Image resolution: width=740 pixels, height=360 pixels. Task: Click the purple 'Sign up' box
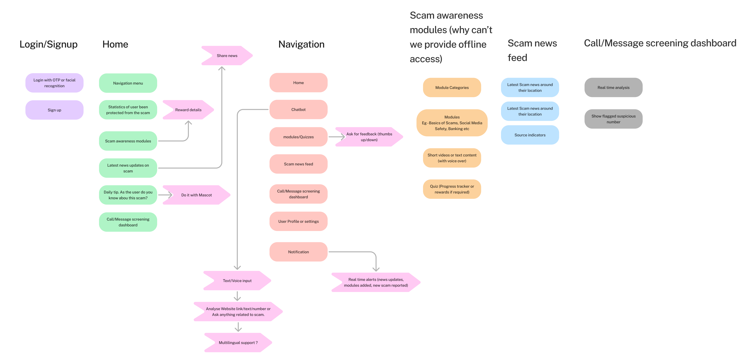tap(54, 110)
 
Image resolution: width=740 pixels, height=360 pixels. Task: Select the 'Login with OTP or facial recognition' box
tap(54, 83)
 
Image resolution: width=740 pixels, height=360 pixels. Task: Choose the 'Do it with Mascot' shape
tap(196, 195)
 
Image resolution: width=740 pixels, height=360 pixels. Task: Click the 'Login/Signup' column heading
tap(49, 44)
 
